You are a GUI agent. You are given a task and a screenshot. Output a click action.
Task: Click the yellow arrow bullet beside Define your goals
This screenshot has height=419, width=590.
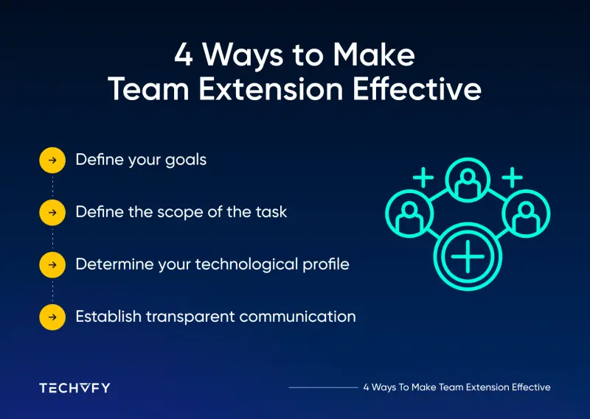52,160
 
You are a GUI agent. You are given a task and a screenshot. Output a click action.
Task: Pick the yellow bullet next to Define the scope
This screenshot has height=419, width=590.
52,212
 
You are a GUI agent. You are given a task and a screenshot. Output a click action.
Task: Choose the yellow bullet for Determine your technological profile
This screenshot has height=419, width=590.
52,264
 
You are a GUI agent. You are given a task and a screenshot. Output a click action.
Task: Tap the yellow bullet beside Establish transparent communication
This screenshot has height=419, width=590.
52,317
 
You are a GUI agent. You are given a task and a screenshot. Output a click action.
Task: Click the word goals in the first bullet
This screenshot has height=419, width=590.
185,161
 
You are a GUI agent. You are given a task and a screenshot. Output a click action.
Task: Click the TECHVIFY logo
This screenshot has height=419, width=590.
74,387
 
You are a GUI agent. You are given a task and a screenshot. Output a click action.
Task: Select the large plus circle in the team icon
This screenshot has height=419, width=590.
467,258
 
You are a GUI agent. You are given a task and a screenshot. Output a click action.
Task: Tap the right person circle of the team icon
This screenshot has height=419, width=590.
527,215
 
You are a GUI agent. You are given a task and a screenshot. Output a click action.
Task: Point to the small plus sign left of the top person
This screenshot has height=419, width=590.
423,177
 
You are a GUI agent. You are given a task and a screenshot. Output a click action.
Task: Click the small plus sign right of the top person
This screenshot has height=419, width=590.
512,177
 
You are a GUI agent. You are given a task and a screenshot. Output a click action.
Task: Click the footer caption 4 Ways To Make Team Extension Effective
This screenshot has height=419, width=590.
457,387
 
